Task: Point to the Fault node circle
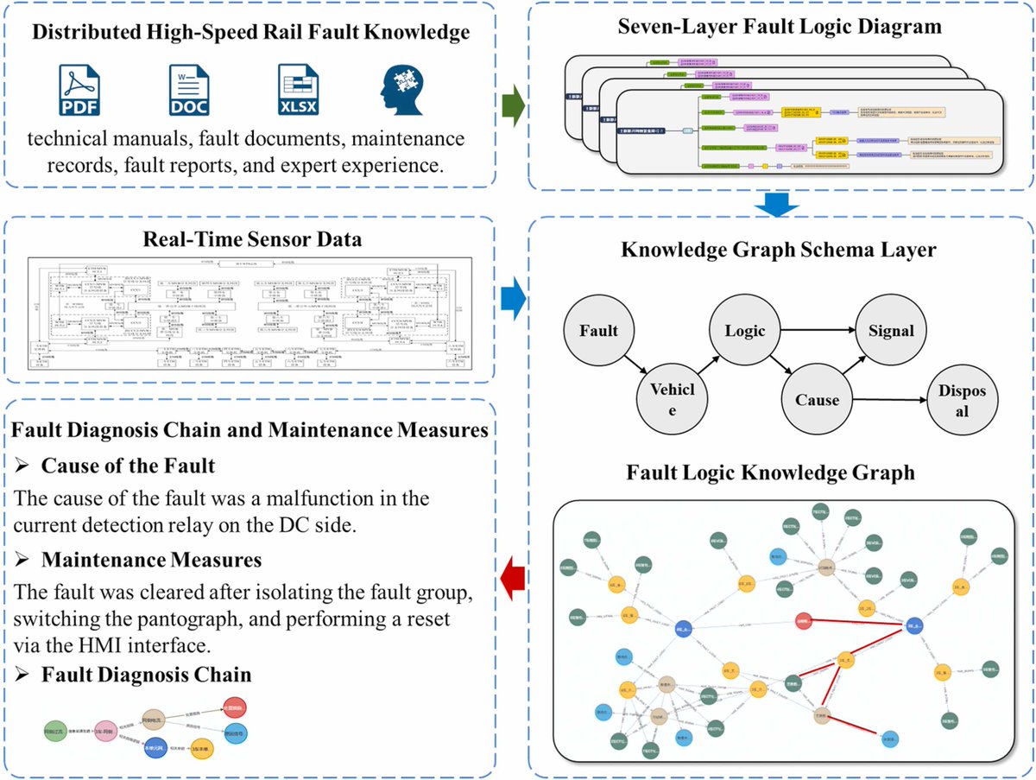(599, 330)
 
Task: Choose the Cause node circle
(817, 400)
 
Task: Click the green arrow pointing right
(515, 112)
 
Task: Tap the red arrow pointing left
(514, 578)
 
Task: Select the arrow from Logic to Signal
(816, 330)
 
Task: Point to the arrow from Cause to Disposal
(889, 401)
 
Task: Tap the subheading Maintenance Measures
(151, 560)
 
